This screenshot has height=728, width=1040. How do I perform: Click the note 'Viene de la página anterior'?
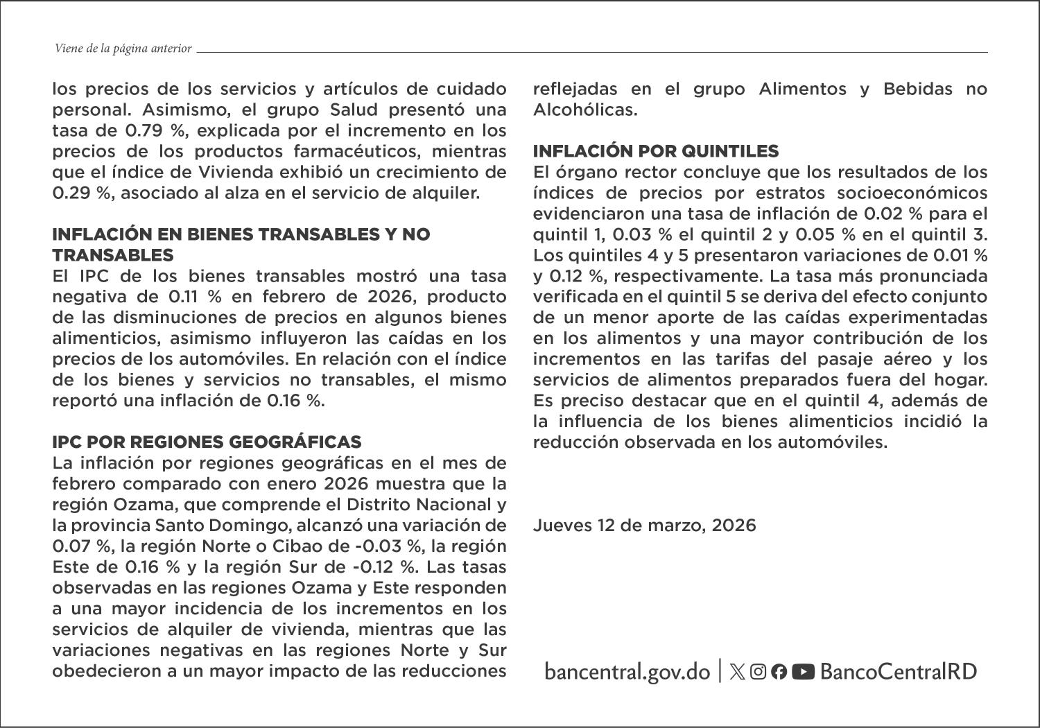tap(123, 49)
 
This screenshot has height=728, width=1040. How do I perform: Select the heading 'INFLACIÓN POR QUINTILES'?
tap(656, 151)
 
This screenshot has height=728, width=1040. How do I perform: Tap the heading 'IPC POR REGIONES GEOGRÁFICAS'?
tap(207, 442)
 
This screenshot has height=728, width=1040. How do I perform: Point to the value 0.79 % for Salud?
tap(150, 130)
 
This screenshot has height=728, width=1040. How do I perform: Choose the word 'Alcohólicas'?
tap(584, 110)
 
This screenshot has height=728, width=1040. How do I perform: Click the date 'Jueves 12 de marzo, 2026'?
tap(644, 526)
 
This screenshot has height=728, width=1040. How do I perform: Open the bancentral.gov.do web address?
tap(627, 671)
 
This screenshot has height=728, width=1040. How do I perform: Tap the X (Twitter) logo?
tap(738, 671)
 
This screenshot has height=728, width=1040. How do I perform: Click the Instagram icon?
tap(758, 671)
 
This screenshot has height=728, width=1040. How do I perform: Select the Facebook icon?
tap(779, 671)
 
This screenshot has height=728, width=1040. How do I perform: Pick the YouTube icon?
tap(803, 671)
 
